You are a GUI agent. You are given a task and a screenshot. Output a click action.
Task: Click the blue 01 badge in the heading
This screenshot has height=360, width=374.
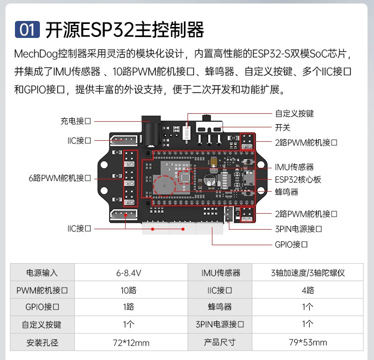[27, 29]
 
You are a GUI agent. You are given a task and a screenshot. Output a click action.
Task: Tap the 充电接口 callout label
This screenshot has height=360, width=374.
[76, 121]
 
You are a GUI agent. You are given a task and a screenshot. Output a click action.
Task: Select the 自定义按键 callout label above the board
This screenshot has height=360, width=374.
[294, 113]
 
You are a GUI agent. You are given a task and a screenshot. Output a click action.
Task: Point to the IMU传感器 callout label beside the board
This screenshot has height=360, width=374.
[294, 167]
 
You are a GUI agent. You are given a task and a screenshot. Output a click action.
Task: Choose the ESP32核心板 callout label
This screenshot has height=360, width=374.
[298, 179]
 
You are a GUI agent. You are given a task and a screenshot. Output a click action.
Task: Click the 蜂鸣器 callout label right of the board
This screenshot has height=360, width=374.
[286, 192]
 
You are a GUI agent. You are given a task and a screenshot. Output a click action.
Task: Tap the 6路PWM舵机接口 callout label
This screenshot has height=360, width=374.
[59, 178]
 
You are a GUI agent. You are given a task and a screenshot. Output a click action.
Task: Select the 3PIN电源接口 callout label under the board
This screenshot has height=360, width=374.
[298, 229]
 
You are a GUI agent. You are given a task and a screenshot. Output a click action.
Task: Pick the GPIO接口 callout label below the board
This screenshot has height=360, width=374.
[291, 245]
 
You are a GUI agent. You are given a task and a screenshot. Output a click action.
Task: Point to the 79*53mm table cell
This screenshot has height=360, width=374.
[308, 342]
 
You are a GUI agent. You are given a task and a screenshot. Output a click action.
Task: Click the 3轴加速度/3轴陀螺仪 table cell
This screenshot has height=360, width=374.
[308, 273]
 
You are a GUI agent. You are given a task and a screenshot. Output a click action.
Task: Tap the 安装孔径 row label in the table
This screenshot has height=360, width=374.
[42, 342]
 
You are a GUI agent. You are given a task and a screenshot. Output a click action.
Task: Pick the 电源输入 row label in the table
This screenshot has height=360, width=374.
[42, 273]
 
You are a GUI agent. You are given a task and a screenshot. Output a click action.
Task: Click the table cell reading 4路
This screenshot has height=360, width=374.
[308, 290]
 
